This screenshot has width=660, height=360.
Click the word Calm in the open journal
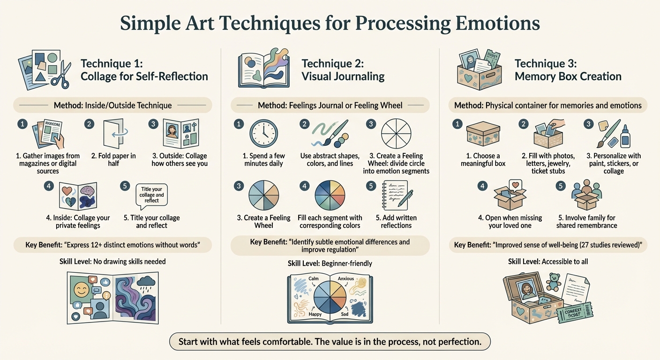click(x=314, y=278)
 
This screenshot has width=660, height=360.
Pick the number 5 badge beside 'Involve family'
click(x=561, y=186)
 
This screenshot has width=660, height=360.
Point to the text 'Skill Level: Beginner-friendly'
click(x=330, y=263)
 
